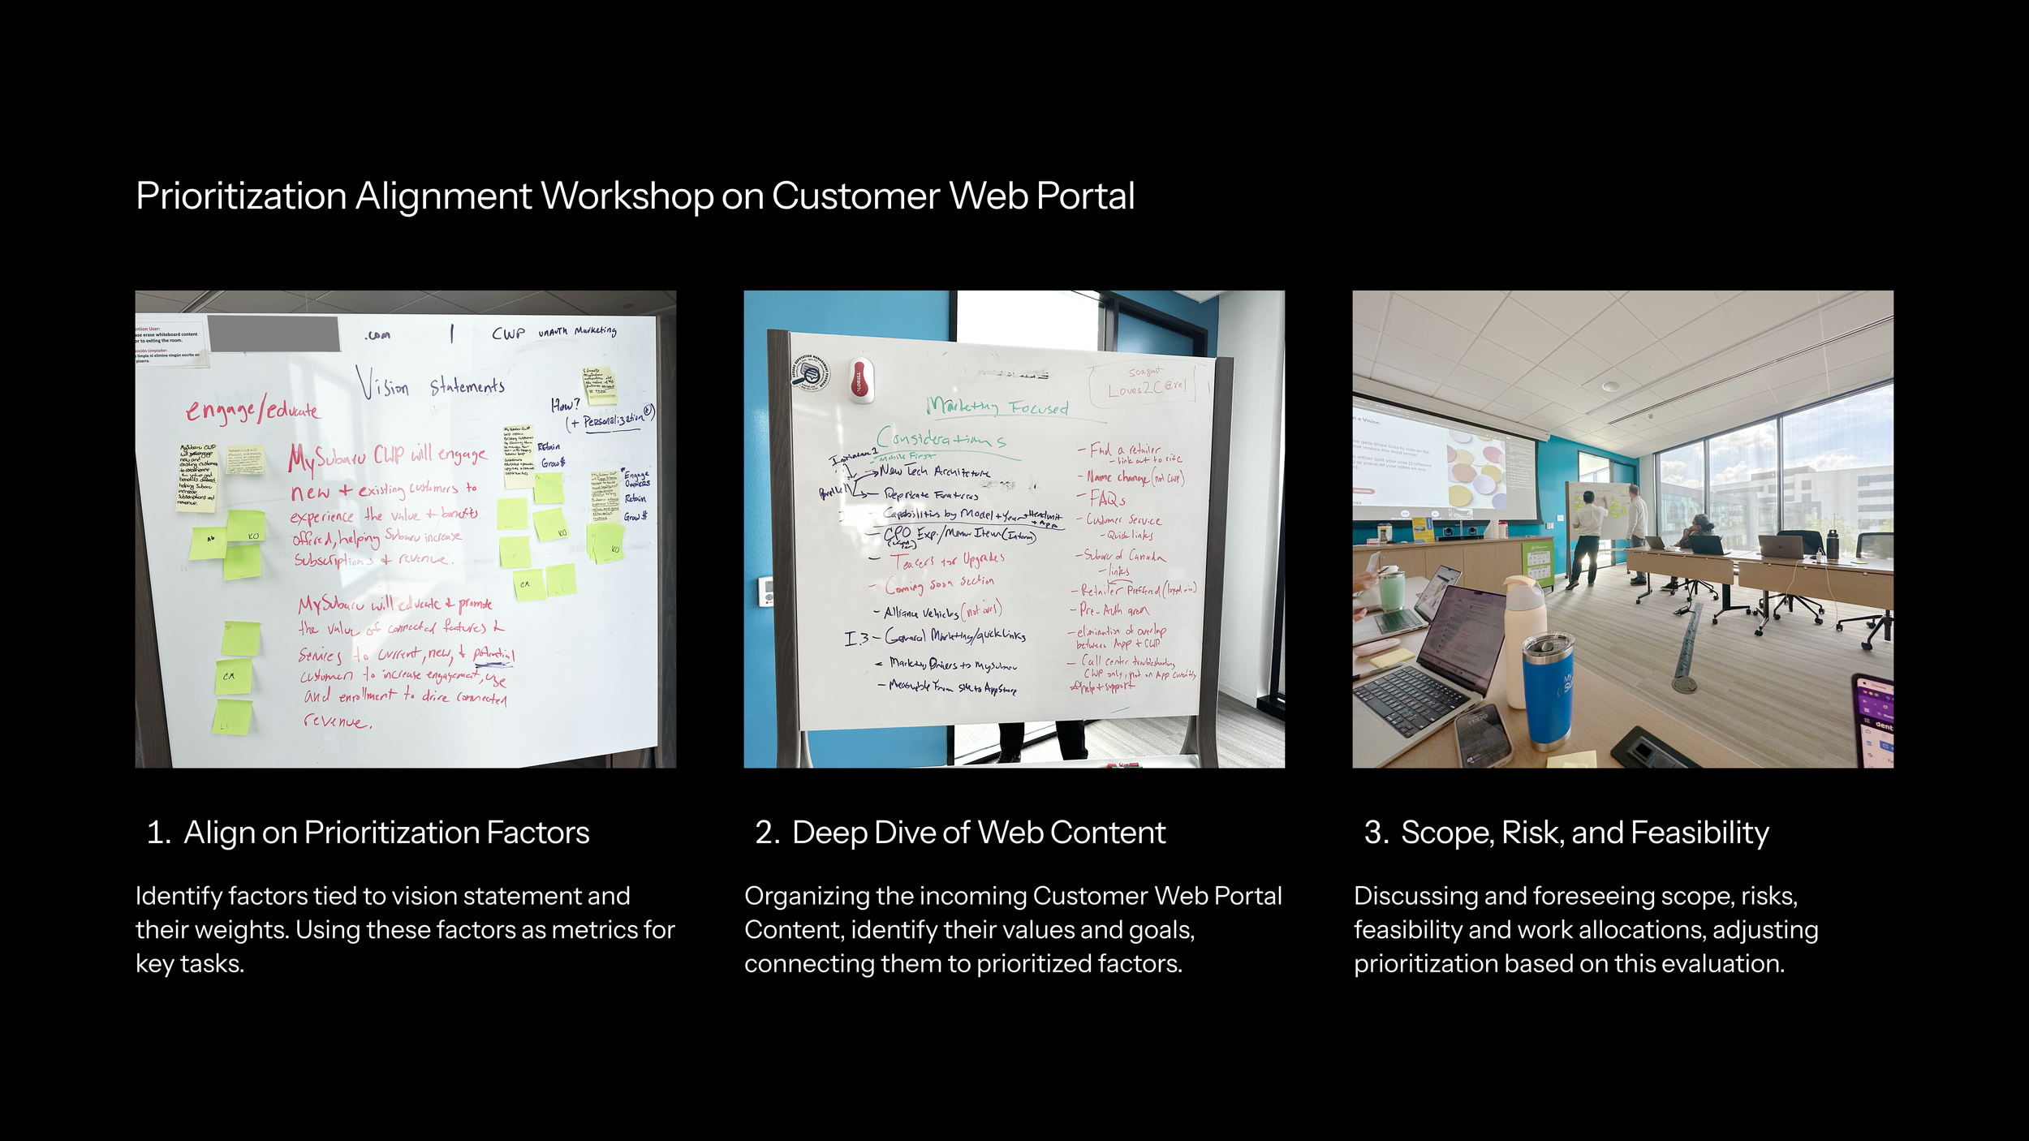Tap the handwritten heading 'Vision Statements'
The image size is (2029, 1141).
point(431,384)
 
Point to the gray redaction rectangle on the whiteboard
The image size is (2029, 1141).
point(274,334)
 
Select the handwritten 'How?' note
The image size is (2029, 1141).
point(566,404)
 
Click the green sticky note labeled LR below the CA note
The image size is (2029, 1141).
point(232,717)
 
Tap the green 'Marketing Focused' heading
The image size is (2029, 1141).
point(997,406)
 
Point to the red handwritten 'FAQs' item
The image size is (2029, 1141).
point(1108,498)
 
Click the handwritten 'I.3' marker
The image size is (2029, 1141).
point(856,639)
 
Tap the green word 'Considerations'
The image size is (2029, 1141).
point(941,439)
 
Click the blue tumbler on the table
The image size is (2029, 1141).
point(1548,690)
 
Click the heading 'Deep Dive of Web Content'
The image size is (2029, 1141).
point(978,833)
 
